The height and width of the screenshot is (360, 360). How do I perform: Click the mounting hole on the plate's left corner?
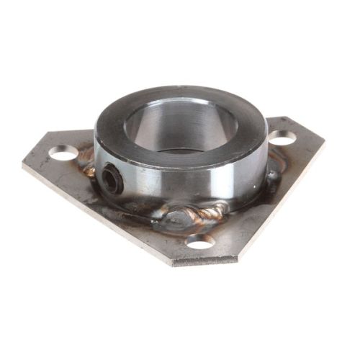tap(63, 153)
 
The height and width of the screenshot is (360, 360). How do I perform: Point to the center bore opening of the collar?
tap(180, 130)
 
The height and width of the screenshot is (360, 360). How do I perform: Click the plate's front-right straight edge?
tap(274, 209)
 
